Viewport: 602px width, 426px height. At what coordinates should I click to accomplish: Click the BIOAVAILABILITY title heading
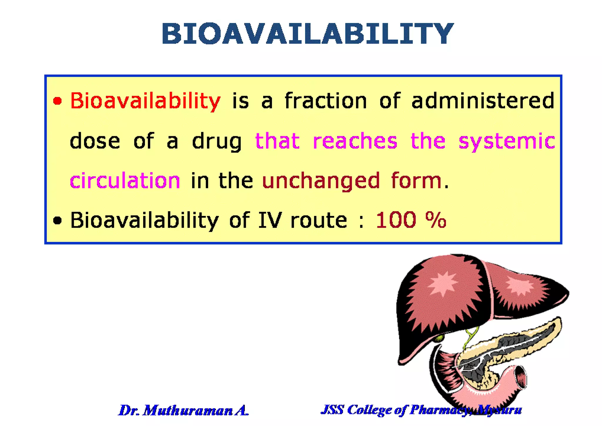coord(307,34)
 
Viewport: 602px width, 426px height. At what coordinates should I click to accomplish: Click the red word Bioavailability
coord(145,101)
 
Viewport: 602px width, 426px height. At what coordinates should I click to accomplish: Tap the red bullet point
coord(58,101)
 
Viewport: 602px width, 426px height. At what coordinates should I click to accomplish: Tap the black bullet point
coord(58,220)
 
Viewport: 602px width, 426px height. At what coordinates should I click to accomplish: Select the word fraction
coord(326,101)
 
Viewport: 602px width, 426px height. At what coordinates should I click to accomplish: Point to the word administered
coord(483,101)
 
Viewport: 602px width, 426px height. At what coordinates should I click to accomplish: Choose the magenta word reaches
coord(355,141)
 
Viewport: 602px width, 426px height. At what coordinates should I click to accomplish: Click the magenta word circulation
coord(125,181)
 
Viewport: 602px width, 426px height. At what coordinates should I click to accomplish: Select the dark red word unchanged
coord(321,181)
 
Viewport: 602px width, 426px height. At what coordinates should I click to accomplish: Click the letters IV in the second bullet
coord(270,220)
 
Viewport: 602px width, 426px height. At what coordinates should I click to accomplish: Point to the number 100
coord(396,220)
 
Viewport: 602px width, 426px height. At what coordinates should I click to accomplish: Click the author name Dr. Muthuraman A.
coord(184,410)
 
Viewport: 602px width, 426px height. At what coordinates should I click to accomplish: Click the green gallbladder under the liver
coord(440,338)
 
